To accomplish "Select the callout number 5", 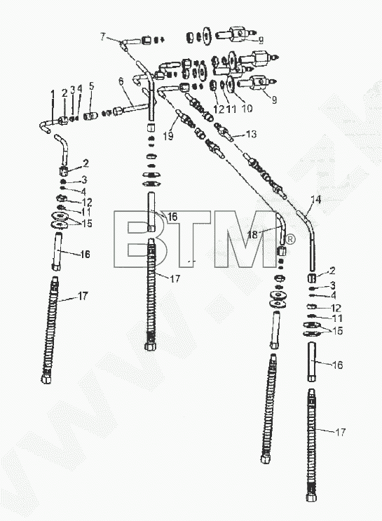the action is (91, 86).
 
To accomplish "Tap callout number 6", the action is (121, 81).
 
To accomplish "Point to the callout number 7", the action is (102, 36).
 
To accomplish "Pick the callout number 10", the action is (247, 109).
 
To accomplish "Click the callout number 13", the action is (252, 133).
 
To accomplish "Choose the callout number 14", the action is (316, 199).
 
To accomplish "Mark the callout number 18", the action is (252, 235).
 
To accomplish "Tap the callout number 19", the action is (168, 136).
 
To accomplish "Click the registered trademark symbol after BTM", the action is (290, 239).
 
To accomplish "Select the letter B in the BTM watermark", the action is (138, 238).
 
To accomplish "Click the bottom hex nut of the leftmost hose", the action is (46, 379).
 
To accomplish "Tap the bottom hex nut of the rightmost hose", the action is (311, 497).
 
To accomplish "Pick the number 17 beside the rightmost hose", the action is (340, 432).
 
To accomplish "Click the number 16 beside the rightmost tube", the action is (337, 365).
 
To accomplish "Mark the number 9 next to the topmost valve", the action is (261, 40).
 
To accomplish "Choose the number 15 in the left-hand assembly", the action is (87, 223).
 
